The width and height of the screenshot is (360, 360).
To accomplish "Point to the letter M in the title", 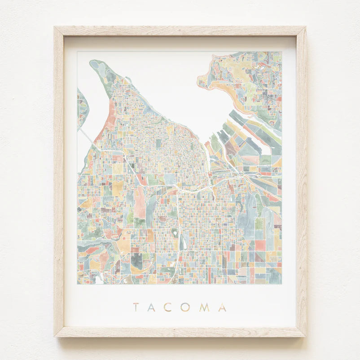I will coord(204,307).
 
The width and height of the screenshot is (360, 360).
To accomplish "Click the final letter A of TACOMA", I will coord(222,307).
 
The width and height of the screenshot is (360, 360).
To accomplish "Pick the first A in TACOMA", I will coord(153,307).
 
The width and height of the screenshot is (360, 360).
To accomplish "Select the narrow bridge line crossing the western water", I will coord(88,136).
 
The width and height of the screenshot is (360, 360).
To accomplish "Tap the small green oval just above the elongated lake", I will coord(175,233).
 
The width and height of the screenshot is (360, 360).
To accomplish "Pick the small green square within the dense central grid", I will coord(158,143).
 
